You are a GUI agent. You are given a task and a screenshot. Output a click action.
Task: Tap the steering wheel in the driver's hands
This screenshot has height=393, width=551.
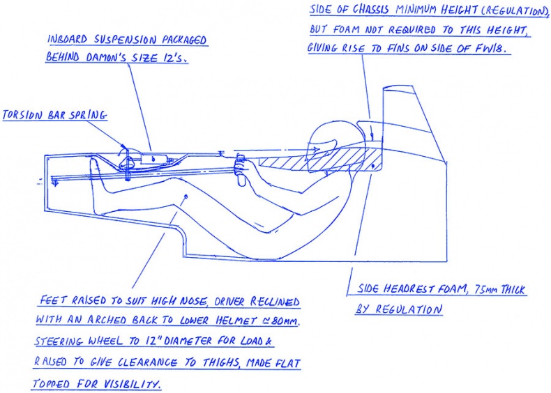[241, 170]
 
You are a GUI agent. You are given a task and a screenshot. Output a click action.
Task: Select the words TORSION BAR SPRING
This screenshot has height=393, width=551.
[54, 115]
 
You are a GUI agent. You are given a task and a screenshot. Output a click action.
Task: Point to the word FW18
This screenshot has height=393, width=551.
[491, 48]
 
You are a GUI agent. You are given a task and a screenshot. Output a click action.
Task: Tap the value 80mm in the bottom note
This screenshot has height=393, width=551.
[285, 321]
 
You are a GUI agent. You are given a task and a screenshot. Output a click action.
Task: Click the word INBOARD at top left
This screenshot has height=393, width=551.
[67, 39]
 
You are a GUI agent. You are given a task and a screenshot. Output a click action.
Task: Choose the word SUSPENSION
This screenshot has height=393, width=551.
[125, 40]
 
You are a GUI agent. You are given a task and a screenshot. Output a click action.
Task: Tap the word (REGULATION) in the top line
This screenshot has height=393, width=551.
[514, 10]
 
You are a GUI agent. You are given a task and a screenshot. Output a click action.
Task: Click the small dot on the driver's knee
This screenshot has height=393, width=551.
[186, 196]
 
